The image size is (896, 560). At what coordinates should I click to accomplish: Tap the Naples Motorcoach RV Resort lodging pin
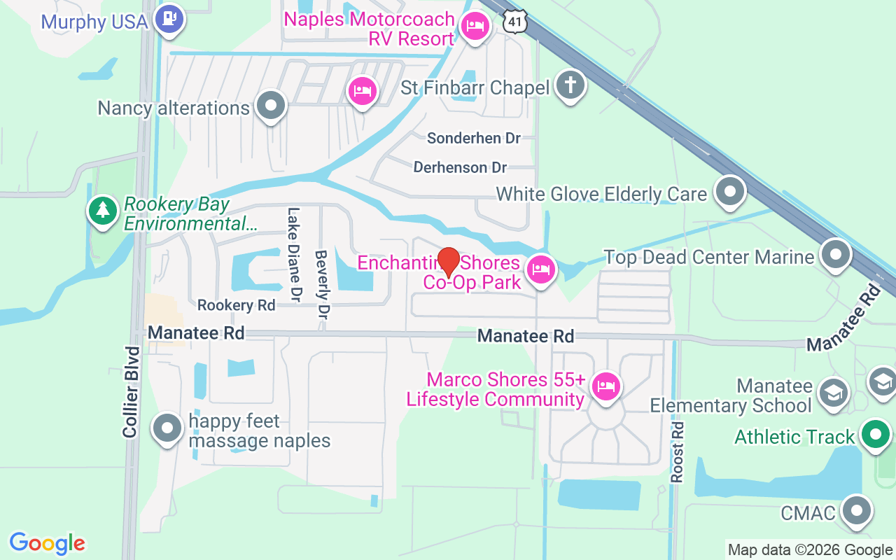point(475,27)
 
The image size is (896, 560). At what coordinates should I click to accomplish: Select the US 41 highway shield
point(514,22)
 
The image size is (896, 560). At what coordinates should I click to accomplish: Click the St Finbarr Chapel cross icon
point(570,86)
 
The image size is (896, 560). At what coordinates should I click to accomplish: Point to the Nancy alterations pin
point(271,106)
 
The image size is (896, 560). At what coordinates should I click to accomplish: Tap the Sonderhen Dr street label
point(474,138)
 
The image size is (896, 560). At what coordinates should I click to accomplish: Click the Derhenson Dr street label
point(460,167)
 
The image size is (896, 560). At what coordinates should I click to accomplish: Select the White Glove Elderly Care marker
point(730,191)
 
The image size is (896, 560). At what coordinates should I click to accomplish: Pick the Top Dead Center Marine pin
point(835,255)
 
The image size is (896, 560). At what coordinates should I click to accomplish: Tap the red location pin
point(448,262)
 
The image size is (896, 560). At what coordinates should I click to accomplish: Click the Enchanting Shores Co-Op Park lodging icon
point(540,269)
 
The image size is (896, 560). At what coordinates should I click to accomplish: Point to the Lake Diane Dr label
point(294,255)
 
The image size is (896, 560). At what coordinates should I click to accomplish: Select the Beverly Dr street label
point(321,285)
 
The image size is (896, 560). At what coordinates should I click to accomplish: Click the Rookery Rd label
point(236,305)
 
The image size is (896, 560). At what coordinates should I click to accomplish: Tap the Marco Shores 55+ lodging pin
point(605,386)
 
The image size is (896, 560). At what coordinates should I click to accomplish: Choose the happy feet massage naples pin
point(167,428)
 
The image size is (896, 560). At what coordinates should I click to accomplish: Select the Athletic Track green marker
point(874,435)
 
